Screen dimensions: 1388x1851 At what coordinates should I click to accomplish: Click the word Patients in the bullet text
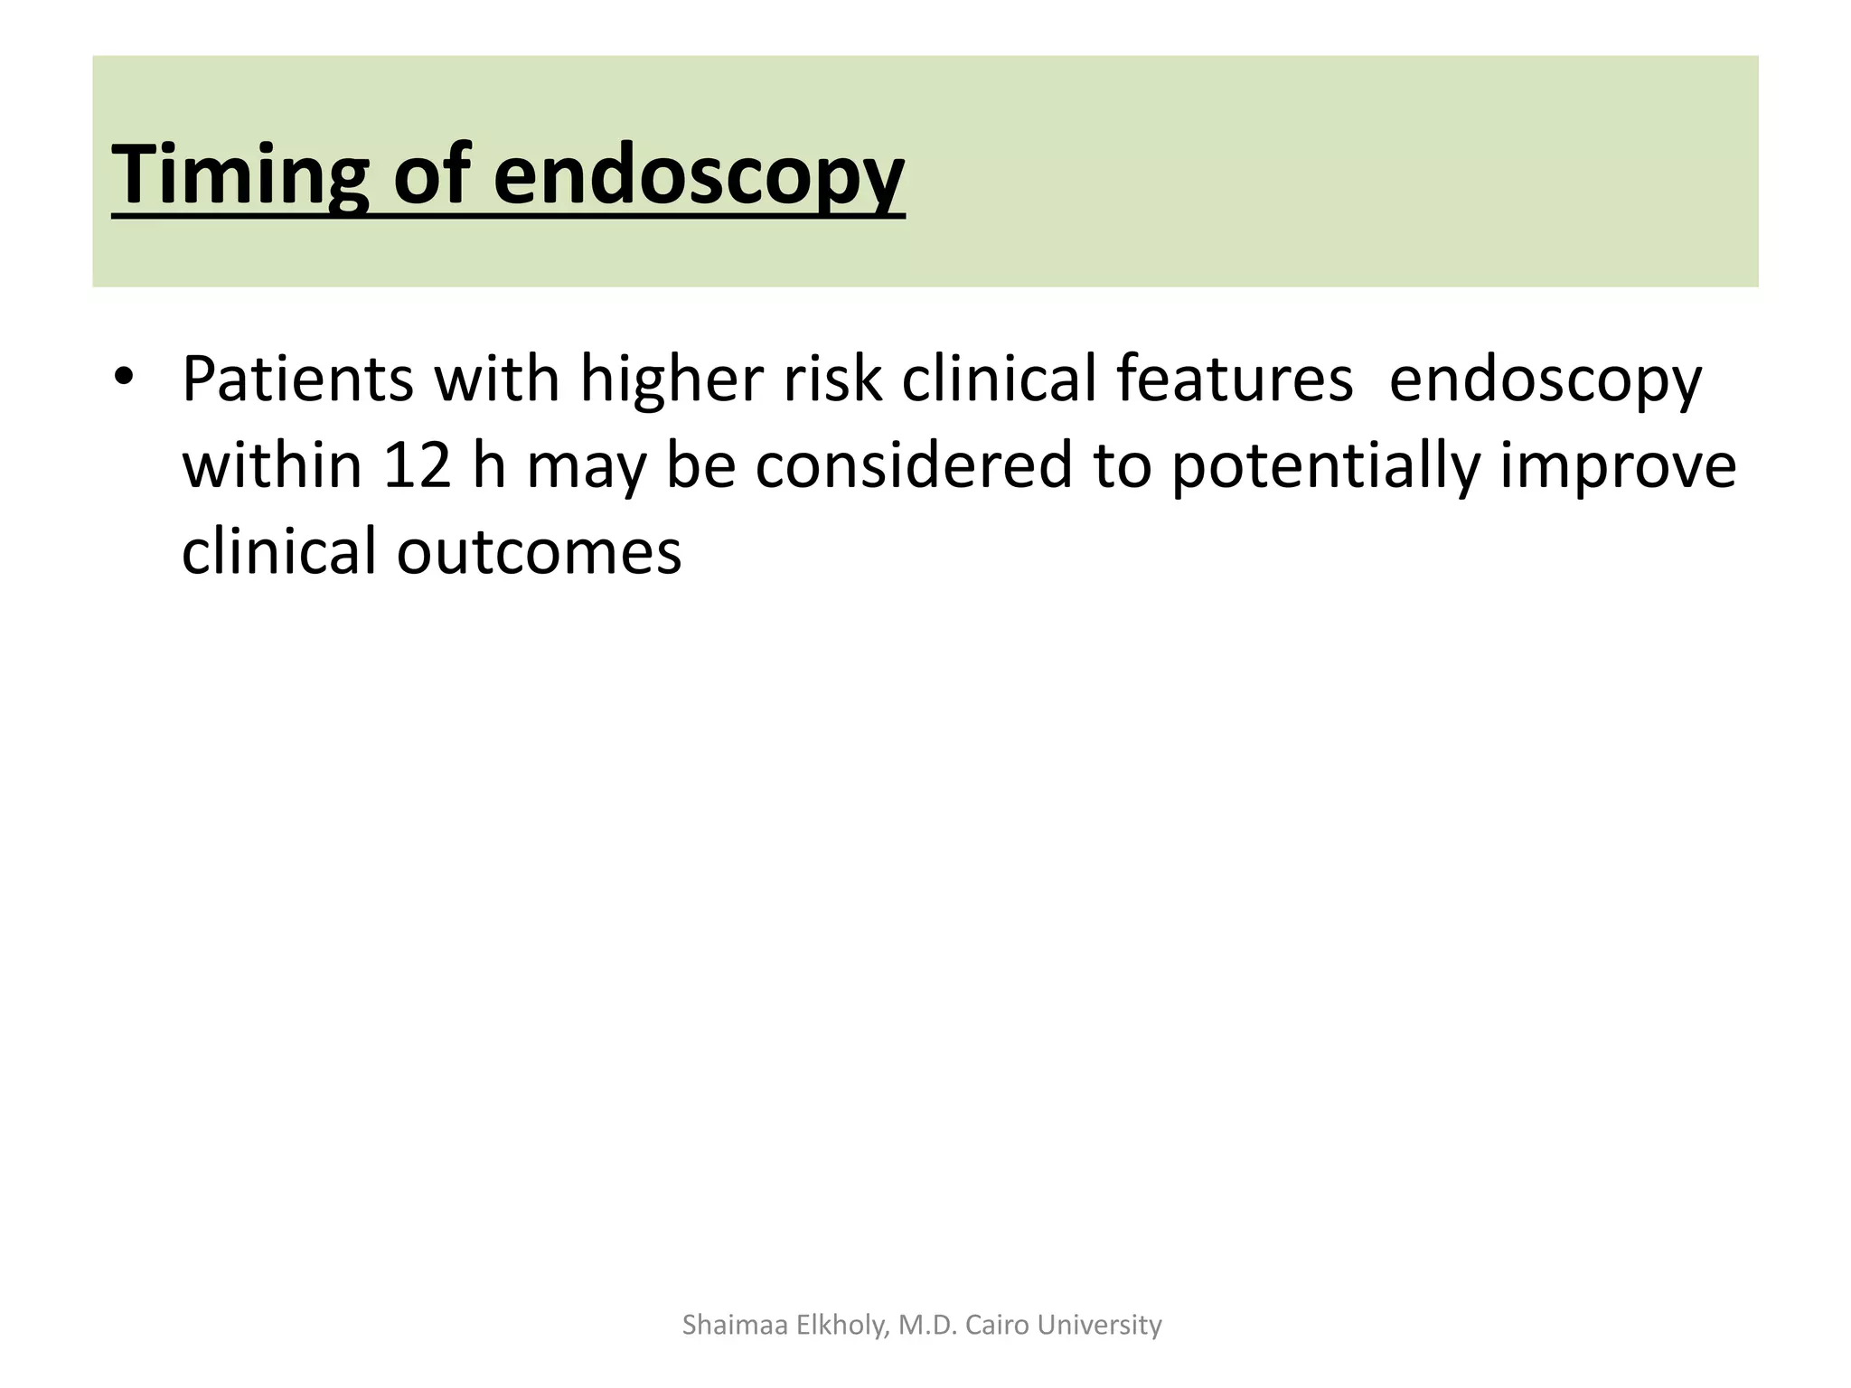click(x=297, y=380)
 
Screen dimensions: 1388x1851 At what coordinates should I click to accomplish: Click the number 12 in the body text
click(x=417, y=466)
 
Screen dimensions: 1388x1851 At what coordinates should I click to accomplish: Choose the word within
click(x=272, y=466)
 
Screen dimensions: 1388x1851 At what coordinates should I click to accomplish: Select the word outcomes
click(x=539, y=553)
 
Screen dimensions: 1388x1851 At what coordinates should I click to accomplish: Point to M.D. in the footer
click(x=929, y=1325)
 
